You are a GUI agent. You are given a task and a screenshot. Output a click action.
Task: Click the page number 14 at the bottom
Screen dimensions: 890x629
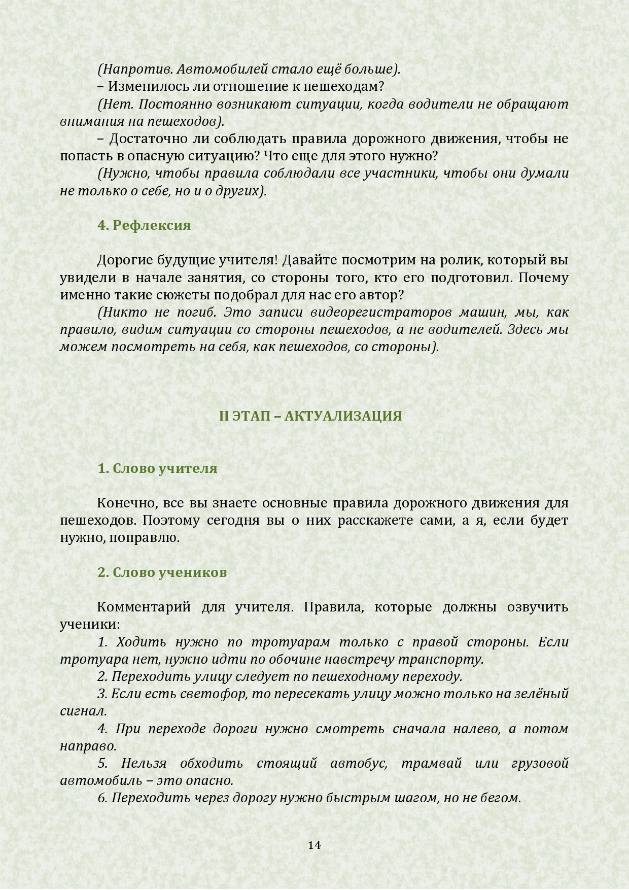[x=314, y=845]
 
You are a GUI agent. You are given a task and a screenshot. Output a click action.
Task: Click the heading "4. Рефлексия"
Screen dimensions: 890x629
[x=144, y=225]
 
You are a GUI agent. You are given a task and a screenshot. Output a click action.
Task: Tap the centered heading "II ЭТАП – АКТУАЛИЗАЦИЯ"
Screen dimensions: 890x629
[x=310, y=416]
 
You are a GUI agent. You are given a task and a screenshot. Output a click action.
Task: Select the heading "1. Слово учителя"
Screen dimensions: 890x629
[x=157, y=468]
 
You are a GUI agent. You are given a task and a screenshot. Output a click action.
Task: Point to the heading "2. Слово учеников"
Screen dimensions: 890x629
[x=162, y=572]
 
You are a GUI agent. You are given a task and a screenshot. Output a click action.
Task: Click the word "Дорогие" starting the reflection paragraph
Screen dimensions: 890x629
[x=124, y=260]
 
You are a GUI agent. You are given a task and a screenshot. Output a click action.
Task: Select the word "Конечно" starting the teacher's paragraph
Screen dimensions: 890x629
[x=122, y=503]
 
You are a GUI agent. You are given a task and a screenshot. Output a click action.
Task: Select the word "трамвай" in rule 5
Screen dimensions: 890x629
[x=431, y=764]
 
